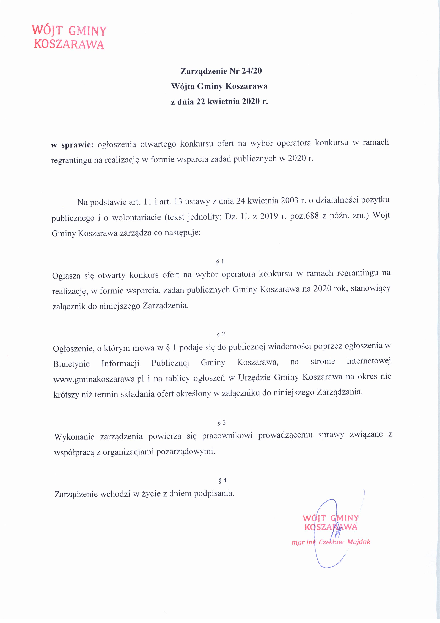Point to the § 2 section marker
tap(221, 334)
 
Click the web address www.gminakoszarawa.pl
tap(99, 379)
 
